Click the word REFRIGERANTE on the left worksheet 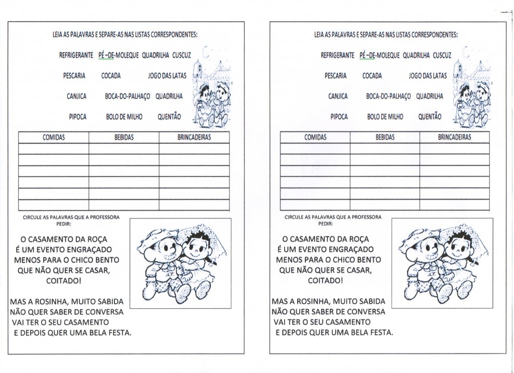click(x=76, y=56)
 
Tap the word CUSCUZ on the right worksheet click(x=442, y=56)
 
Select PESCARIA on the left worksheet click(x=74, y=76)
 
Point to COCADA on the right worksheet click(x=372, y=76)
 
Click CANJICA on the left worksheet click(x=76, y=96)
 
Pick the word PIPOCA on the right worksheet click(x=339, y=117)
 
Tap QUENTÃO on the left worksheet click(x=169, y=117)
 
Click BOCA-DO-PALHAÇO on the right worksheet click(x=388, y=96)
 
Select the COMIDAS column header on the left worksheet click(x=53, y=137)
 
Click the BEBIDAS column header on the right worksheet click(x=385, y=137)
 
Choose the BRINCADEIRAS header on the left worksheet click(x=194, y=137)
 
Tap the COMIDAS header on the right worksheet click(x=315, y=137)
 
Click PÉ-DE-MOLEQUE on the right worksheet click(x=379, y=56)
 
